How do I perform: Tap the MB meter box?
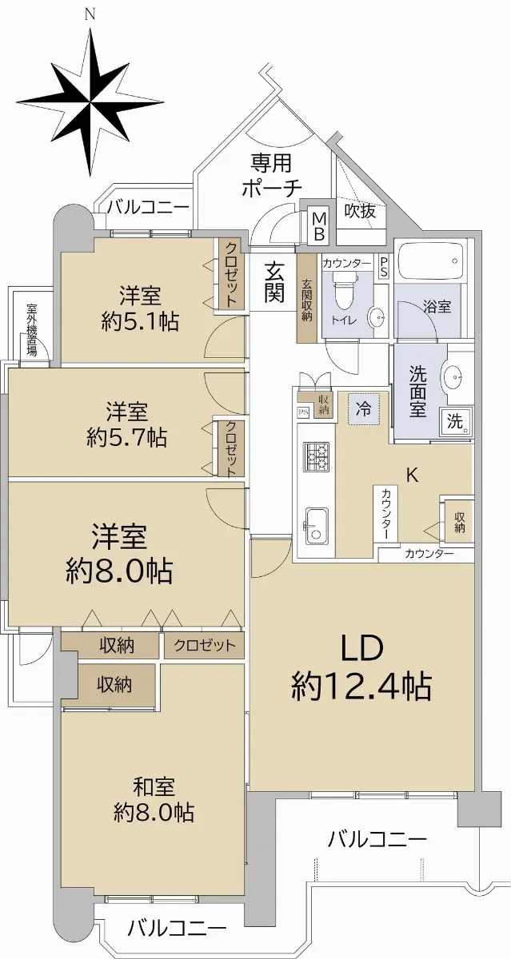coord(320,226)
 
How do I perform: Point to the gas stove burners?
coord(317,456)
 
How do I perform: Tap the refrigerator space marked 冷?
coord(364,409)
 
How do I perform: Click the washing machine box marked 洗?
coord(455,421)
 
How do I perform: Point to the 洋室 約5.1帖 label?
coord(140,308)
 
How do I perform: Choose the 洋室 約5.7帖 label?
coord(127,424)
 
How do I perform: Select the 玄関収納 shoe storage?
coord(308,298)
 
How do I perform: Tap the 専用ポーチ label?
coord(272,176)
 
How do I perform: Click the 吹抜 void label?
coord(361,211)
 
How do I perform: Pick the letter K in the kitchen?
coord(412,476)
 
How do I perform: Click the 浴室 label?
coord(437,307)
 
